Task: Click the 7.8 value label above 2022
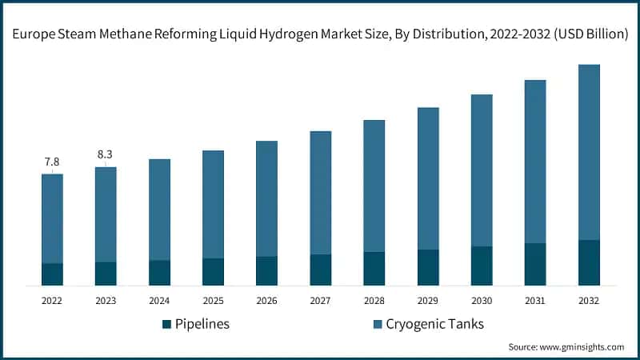52,162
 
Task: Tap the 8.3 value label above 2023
106,154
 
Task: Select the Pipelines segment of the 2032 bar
589,262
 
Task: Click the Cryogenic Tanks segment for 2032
589,152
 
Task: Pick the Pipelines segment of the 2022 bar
52,274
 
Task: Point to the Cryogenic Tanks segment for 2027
321,193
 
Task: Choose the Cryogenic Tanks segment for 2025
213,204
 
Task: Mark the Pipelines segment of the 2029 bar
428,267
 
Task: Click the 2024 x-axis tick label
159,301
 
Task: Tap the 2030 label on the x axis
482,301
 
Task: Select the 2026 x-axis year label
266,301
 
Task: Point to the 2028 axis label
374,301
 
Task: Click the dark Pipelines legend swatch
166,324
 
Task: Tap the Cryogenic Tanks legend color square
378,324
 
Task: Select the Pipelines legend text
203,324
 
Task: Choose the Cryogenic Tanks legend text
435,324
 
